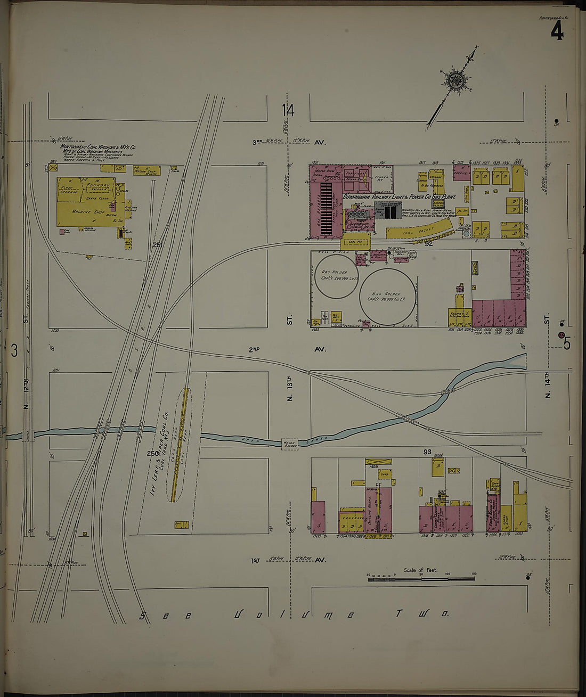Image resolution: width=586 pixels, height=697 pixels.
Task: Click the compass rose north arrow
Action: click(456, 81)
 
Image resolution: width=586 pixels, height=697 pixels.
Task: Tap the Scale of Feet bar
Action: click(421, 577)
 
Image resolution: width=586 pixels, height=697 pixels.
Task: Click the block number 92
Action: click(429, 243)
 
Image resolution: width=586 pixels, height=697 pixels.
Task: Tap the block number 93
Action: click(427, 452)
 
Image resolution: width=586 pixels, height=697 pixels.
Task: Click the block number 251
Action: click(157, 245)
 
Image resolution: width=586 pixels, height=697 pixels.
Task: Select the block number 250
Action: click(153, 453)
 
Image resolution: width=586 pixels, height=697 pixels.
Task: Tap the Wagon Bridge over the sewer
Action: click(289, 442)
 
